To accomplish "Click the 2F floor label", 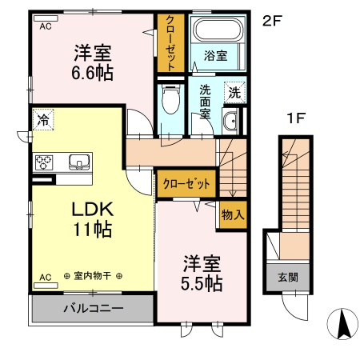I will click(x=273, y=22).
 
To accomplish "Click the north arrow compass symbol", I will click(x=343, y=323).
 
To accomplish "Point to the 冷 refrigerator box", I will click(x=42, y=120).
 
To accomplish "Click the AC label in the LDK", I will click(x=44, y=277).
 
